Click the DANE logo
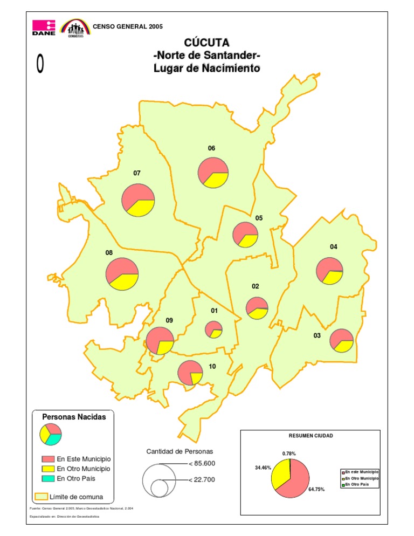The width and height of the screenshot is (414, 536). pos(44,28)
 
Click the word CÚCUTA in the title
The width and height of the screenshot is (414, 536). pos(206,42)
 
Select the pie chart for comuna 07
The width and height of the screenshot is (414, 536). pos(138,200)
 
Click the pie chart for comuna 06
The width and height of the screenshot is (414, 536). pos(213,173)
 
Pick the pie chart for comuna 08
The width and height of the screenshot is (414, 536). pos(122,274)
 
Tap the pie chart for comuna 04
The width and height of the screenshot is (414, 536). pos(330,271)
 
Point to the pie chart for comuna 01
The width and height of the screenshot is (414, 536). pos(214,329)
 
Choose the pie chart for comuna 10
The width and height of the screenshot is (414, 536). pos(190,373)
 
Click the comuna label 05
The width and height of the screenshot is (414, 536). pos(259,218)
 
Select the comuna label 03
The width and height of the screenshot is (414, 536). pos(317,336)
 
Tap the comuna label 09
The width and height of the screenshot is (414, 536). pos(169,320)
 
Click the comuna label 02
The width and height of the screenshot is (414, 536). pos(256,286)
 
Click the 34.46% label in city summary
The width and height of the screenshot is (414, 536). pos(262,468)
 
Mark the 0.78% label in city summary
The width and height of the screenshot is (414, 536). pos(289,453)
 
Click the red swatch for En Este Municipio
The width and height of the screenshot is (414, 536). pos(48,459)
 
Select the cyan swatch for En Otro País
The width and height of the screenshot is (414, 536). pos(48,478)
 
